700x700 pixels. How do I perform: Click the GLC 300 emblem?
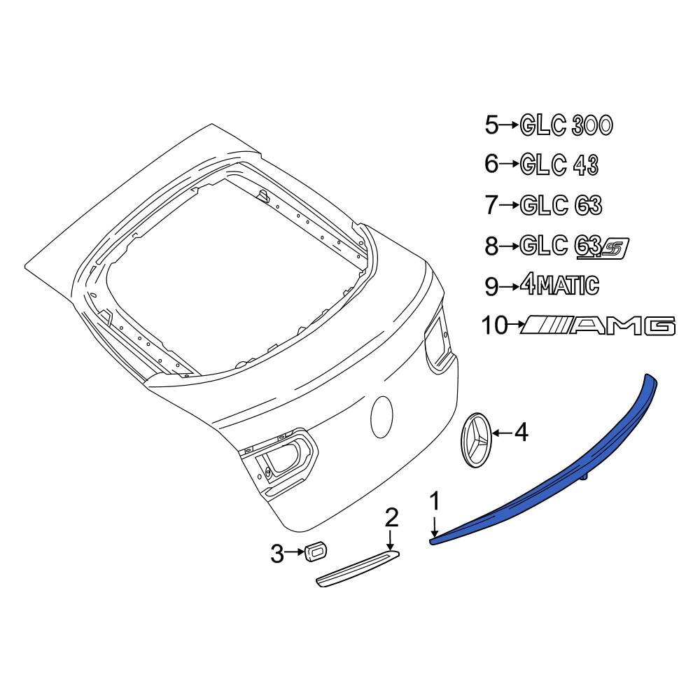pyautogui.click(x=566, y=125)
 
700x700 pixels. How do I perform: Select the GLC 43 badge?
pyautogui.click(x=559, y=165)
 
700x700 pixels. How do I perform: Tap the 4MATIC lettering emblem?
pyautogui.click(x=559, y=286)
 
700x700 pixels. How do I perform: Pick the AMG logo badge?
pyautogui.click(x=598, y=325)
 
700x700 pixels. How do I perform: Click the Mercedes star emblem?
pyautogui.click(x=476, y=440)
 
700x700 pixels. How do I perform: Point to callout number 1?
pyautogui.click(x=435, y=501)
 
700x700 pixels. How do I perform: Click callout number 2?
pyautogui.click(x=391, y=518)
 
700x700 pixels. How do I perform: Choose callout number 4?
pyautogui.click(x=521, y=433)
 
